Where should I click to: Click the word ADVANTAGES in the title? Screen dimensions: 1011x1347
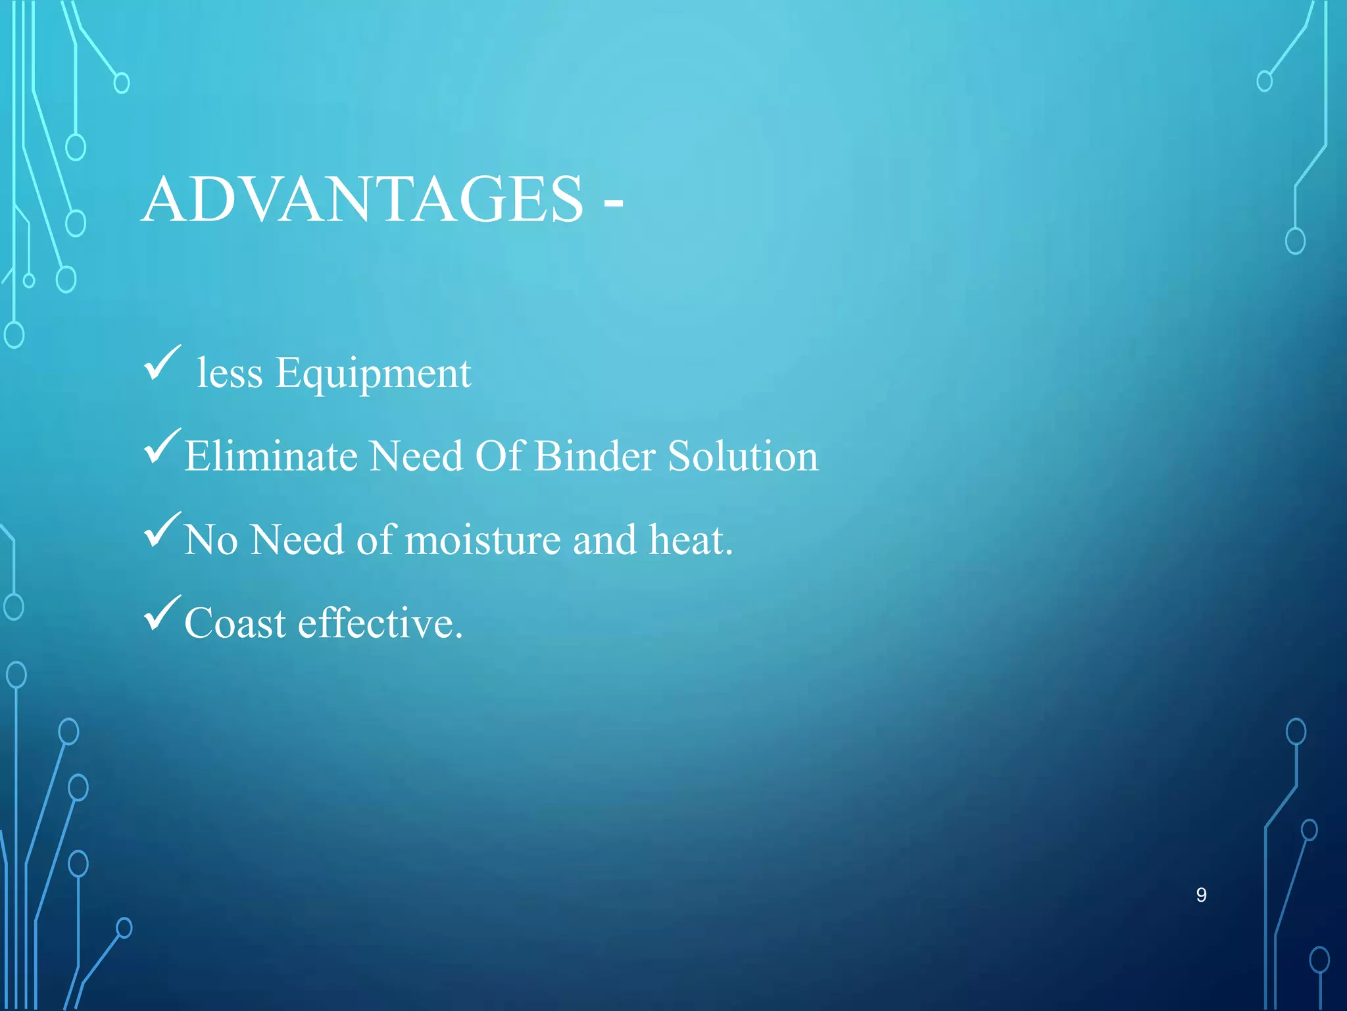[362, 199]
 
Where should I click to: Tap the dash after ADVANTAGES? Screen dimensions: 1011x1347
[613, 204]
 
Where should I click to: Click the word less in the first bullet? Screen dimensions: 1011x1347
[230, 374]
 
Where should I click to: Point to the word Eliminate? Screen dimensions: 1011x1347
[270, 456]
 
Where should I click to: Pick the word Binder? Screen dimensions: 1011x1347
[595, 456]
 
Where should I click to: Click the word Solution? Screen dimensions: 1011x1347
[743, 456]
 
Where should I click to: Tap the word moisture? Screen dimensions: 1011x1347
[483, 540]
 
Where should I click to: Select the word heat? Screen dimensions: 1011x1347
[690, 540]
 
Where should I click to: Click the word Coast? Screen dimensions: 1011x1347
[235, 623]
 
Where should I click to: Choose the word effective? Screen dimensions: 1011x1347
[380, 623]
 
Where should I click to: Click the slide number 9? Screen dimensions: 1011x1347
[1201, 895]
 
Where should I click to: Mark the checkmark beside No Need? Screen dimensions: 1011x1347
[162, 530]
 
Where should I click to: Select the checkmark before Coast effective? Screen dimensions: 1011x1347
[162, 613]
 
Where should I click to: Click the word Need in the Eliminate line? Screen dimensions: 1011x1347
[416, 456]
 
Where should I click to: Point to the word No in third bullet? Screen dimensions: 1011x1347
[210, 540]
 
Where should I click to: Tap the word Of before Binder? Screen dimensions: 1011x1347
[499, 456]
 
